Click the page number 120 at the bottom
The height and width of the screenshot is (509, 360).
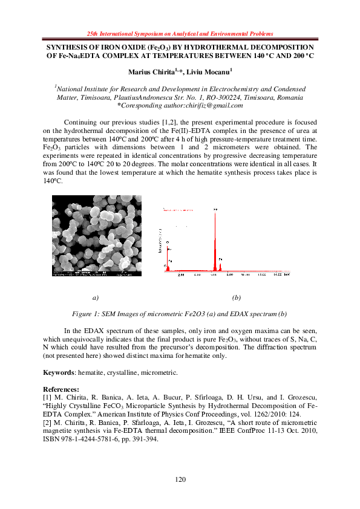coord(180,479)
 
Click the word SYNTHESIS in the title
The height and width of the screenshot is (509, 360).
coord(68,47)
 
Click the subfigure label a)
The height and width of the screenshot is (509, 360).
coord(95,298)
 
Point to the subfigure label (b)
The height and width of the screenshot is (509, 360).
coord(237,298)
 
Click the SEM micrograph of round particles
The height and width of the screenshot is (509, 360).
coord(97,236)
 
